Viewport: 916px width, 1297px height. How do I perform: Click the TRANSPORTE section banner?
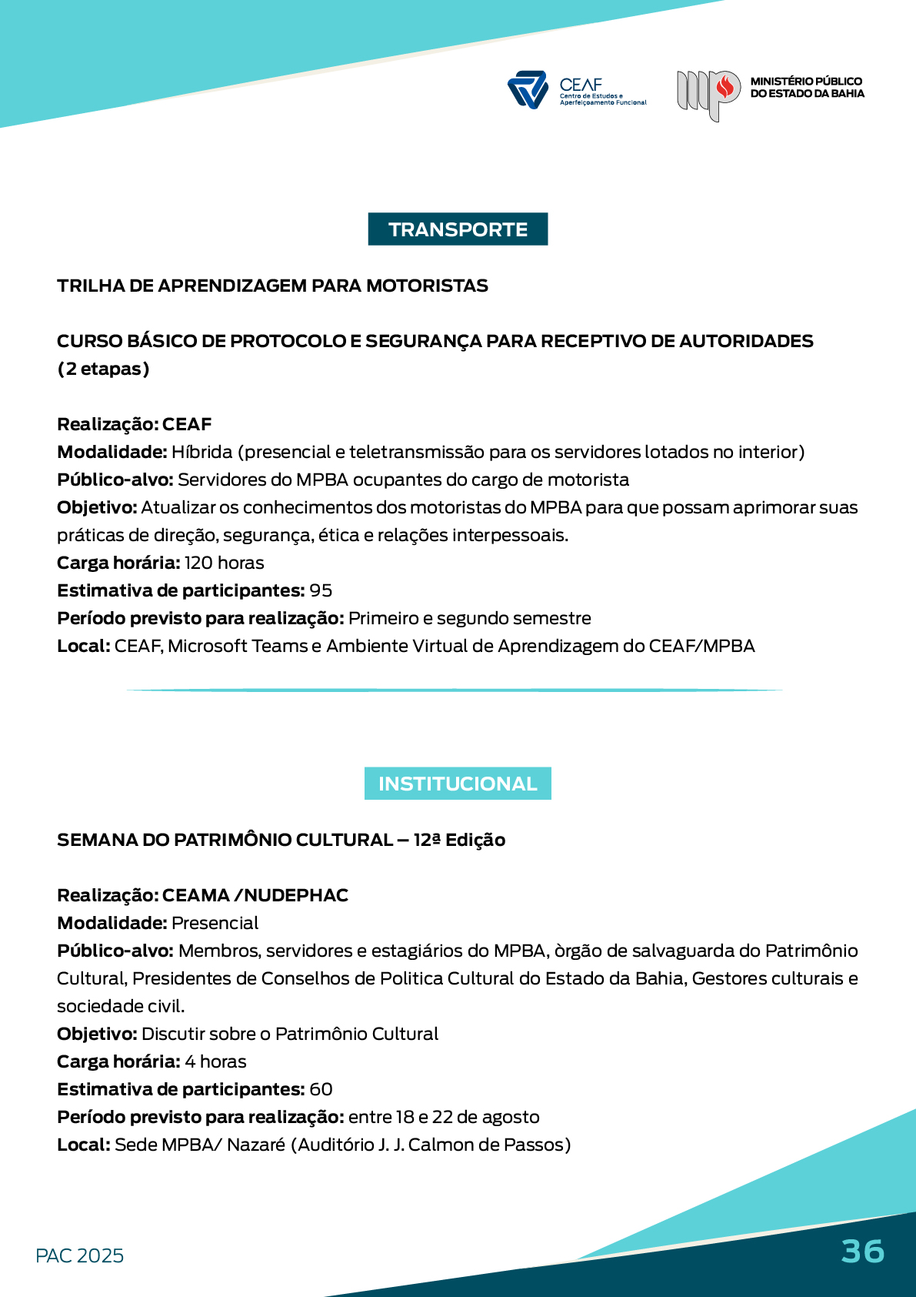[458, 229]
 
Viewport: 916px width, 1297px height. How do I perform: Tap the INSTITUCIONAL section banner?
[458, 784]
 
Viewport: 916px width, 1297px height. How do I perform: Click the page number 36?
[862, 1252]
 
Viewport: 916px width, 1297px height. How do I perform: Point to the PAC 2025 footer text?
[79, 1255]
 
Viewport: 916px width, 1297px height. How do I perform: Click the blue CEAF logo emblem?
[528, 89]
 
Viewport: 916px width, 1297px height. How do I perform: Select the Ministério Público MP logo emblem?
[708, 94]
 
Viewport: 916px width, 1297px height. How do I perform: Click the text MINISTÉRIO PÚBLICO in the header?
[806, 81]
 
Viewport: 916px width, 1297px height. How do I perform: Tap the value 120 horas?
[224, 563]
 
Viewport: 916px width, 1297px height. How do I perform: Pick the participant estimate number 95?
[321, 590]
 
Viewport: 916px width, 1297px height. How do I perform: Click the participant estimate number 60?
[321, 1089]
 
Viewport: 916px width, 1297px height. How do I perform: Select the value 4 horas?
[215, 1061]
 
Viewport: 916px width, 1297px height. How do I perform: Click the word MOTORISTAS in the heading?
[427, 286]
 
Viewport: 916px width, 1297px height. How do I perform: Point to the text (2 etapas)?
[103, 369]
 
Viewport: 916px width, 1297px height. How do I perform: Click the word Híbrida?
[202, 452]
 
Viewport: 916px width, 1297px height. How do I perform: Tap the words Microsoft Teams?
[238, 646]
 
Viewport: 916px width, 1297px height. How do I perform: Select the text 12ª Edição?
[459, 840]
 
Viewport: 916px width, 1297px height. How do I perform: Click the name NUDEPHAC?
[296, 895]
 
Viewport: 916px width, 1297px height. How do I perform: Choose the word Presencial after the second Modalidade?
[215, 923]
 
